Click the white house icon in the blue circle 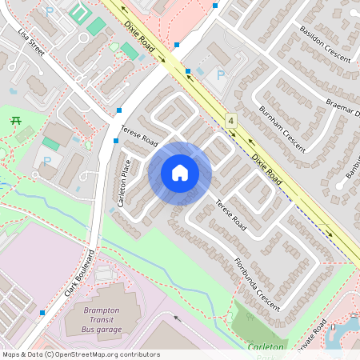pyautogui.click(x=180, y=173)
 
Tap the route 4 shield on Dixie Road pyautogui.click(x=231, y=121)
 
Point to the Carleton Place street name pyautogui.click(x=124, y=183)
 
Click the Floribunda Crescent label pyautogui.click(x=257, y=283)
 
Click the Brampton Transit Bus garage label pyautogui.click(x=102, y=320)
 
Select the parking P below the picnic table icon pyautogui.click(x=47, y=160)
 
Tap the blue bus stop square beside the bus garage pyautogui.click(x=42, y=312)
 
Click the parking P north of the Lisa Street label pyautogui.click(x=49, y=12)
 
